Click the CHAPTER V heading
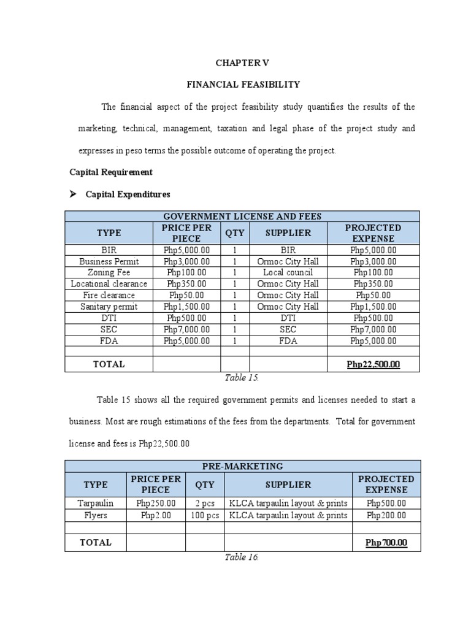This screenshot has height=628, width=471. (x=242, y=63)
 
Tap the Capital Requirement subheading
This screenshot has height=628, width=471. (x=115, y=172)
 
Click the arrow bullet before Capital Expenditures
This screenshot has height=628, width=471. (x=72, y=194)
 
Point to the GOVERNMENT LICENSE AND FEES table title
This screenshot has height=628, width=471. (x=242, y=216)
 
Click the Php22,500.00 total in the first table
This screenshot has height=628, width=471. (x=373, y=364)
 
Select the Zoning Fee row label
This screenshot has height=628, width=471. (x=109, y=272)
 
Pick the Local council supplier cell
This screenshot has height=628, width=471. (x=288, y=272)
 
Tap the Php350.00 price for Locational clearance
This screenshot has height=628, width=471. (x=186, y=284)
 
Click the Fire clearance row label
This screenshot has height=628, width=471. (x=109, y=295)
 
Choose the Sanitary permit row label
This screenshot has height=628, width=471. (x=109, y=307)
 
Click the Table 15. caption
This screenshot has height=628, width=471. (x=242, y=378)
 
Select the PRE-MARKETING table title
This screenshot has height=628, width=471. (x=243, y=467)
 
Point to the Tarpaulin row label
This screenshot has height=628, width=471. (x=95, y=504)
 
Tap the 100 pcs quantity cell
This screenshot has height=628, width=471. (x=205, y=515)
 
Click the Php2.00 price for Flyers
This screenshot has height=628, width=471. (x=156, y=515)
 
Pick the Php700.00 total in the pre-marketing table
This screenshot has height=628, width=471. (x=386, y=543)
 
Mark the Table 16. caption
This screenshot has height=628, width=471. (x=242, y=557)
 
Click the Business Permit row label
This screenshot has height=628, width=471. (x=109, y=261)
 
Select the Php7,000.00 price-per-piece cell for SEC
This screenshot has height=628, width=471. (x=186, y=329)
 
